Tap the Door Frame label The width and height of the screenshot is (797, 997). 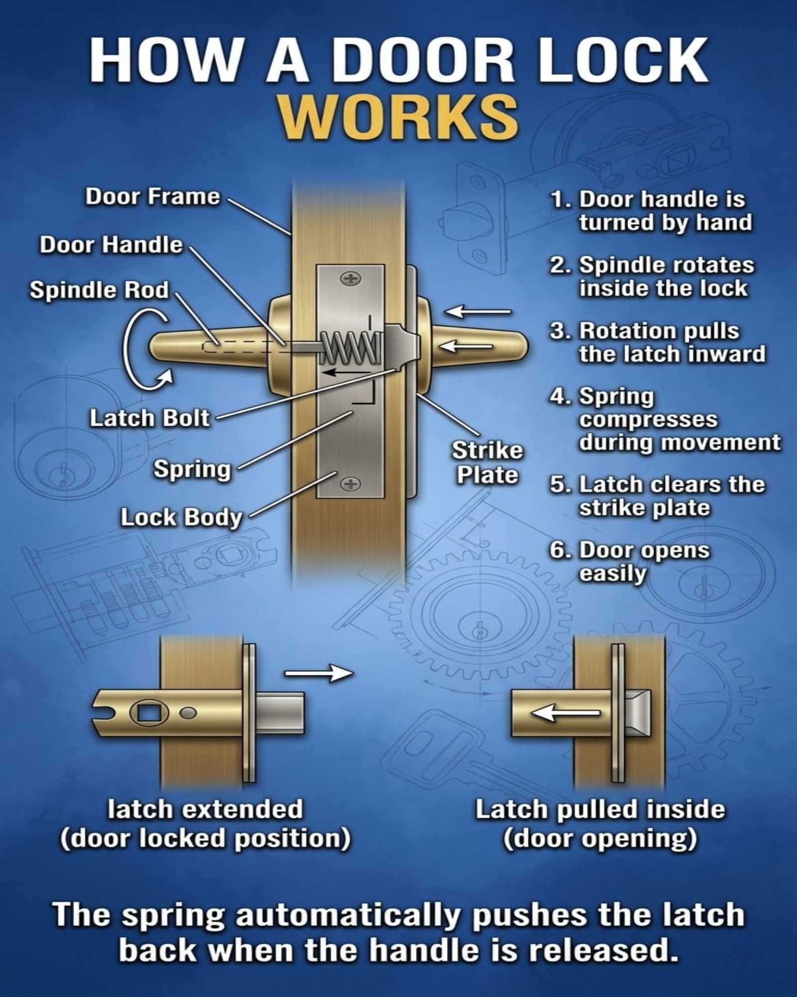(x=152, y=196)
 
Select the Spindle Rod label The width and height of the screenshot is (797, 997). (x=100, y=290)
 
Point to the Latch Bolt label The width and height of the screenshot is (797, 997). (x=149, y=418)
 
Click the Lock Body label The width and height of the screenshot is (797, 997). (x=181, y=517)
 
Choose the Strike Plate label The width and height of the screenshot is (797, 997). (x=488, y=463)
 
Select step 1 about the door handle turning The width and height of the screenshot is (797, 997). (x=651, y=210)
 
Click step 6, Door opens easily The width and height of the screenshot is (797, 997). (x=630, y=561)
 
